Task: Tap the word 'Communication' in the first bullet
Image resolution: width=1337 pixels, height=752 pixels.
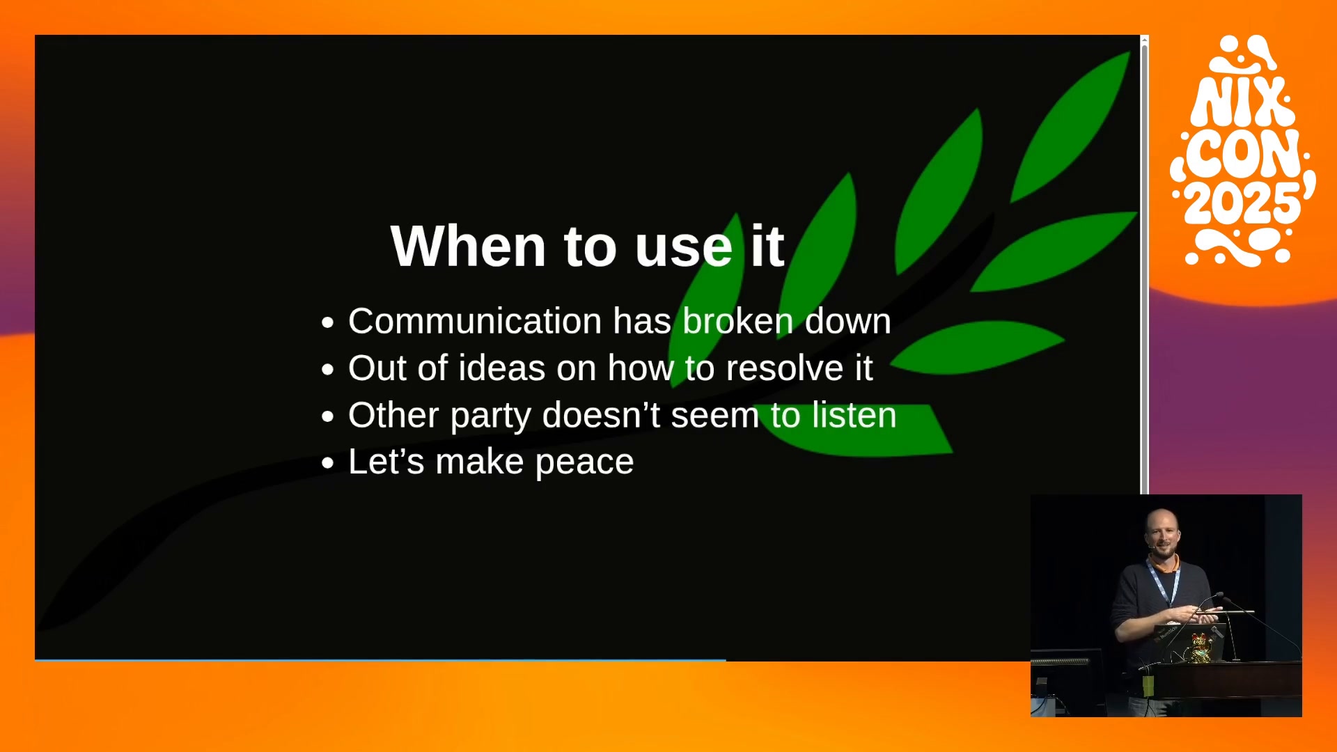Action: point(475,321)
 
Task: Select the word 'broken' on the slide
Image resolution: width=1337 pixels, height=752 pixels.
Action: point(738,321)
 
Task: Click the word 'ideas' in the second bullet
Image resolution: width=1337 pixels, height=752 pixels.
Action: point(501,368)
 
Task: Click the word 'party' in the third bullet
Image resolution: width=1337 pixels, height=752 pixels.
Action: point(490,416)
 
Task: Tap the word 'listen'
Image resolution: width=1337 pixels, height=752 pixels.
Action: point(854,415)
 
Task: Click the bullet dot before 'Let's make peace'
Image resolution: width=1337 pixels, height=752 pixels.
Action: point(328,464)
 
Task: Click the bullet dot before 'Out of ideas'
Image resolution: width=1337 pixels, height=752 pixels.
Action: point(328,370)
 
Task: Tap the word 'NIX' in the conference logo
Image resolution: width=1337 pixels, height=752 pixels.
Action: point(1242,102)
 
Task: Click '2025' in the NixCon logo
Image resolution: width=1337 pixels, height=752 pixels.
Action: point(1243,204)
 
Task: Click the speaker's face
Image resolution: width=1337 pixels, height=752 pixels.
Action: point(1162,535)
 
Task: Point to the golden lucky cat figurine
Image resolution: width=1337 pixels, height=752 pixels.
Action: point(1199,648)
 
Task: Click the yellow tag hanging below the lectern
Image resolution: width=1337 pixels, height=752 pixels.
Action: point(1148,685)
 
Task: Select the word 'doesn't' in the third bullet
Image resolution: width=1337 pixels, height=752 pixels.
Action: point(601,415)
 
